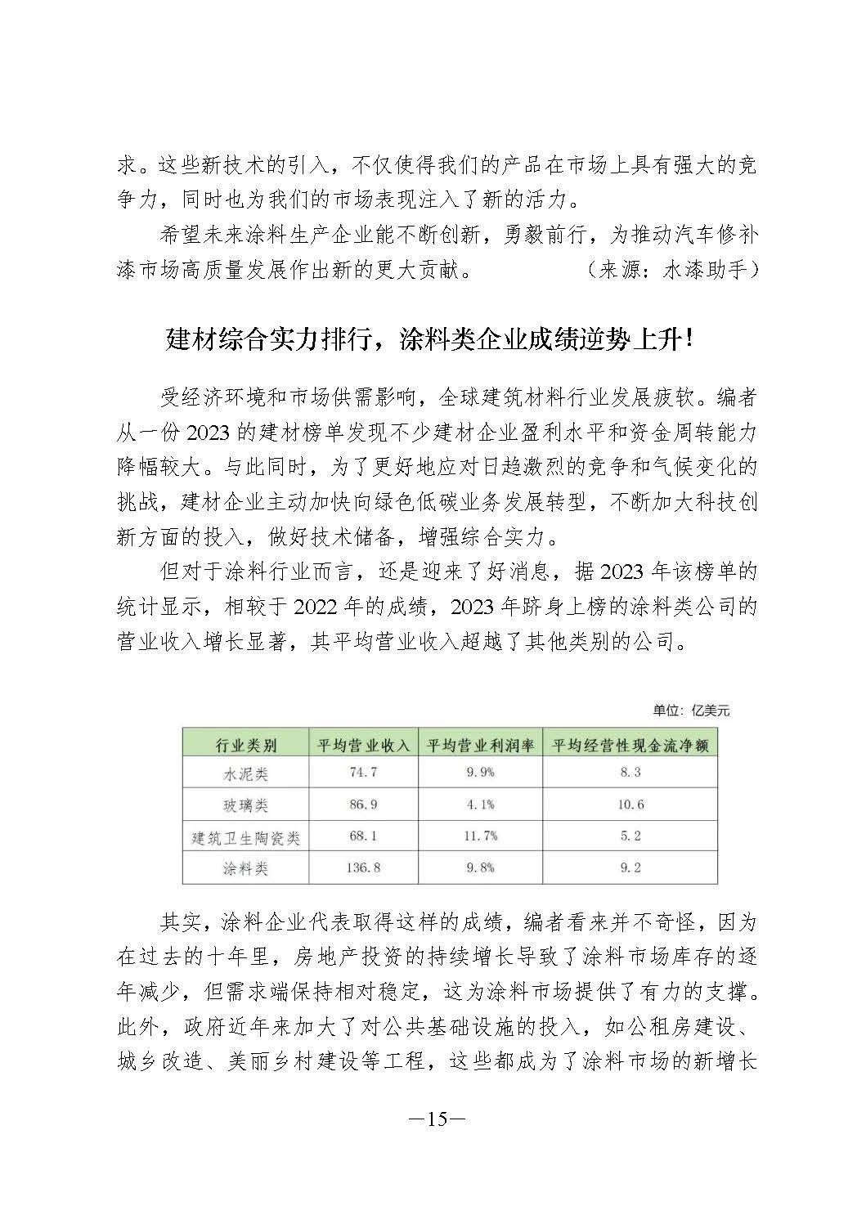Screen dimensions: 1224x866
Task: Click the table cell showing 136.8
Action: (x=363, y=868)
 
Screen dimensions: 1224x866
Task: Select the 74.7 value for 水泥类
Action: (x=363, y=772)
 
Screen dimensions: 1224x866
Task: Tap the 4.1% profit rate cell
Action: (x=480, y=805)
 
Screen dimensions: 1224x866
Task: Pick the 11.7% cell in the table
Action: (x=480, y=836)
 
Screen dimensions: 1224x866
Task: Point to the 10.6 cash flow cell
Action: (x=630, y=805)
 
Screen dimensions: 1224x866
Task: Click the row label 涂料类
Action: (x=245, y=868)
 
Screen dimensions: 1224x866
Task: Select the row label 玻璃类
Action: (x=245, y=805)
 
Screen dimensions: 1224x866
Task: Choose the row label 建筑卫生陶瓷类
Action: (x=245, y=837)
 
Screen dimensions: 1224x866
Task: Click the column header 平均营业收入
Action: (x=363, y=745)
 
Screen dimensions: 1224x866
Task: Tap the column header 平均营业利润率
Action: (x=480, y=745)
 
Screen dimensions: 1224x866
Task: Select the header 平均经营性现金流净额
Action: (x=630, y=745)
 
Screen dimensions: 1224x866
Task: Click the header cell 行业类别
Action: (x=245, y=745)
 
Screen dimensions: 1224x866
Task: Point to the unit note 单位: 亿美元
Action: (x=691, y=711)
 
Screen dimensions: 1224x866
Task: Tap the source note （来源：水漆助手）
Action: (x=672, y=269)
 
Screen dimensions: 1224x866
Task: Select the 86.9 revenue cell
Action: (x=363, y=805)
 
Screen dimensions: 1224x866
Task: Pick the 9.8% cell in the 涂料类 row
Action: (x=480, y=868)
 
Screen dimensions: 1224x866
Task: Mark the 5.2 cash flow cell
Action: (x=630, y=836)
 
